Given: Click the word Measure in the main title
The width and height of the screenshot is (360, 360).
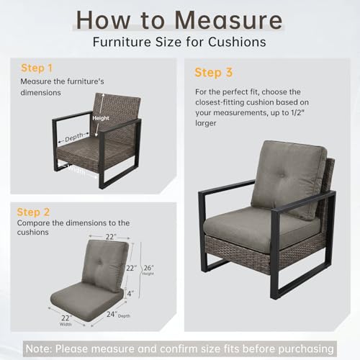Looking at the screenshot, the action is click(229, 20).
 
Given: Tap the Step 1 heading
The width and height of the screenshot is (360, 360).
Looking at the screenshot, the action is click(37, 68).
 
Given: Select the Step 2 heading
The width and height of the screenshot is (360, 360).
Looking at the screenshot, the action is click(33, 212).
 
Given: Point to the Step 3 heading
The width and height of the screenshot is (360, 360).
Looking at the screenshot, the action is click(214, 73).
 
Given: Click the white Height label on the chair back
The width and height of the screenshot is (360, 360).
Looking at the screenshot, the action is click(101, 118).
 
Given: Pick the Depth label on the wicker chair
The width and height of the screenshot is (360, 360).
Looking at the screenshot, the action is click(74, 138).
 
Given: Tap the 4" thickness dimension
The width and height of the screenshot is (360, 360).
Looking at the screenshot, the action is click(130, 293).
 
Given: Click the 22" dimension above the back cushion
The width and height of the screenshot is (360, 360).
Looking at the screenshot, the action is click(111, 237).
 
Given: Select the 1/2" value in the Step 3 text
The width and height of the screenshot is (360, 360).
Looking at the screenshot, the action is click(297, 112).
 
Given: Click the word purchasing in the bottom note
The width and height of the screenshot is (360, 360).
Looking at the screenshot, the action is click(306, 348).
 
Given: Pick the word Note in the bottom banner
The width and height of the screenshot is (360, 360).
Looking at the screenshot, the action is click(39, 348).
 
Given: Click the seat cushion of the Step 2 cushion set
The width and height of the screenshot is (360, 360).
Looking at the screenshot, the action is click(87, 301).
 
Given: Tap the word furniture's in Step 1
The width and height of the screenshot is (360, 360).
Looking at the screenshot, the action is click(85, 81).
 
